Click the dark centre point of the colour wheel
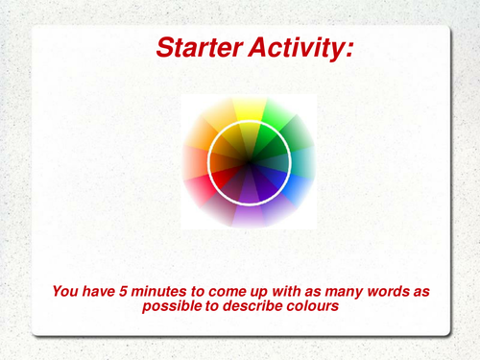tap(250, 159)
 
